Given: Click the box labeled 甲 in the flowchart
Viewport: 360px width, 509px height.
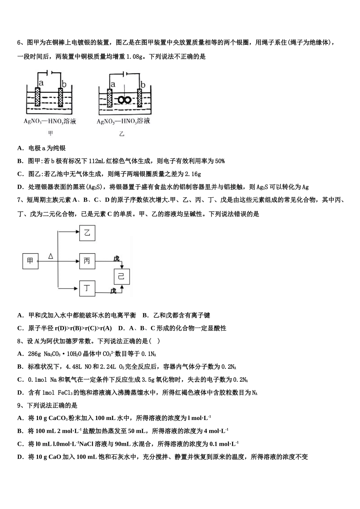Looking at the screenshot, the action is tap(30, 261).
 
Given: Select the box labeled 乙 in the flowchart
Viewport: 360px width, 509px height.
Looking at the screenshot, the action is tap(87, 233).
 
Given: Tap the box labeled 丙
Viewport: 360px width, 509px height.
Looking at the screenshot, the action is tap(87, 261).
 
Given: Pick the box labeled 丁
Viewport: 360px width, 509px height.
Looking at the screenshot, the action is tap(87, 289).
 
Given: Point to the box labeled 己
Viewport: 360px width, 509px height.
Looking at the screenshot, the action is tap(122, 276).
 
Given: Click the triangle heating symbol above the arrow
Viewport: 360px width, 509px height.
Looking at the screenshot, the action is tap(51, 256).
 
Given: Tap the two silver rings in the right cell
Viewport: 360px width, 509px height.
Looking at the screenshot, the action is tap(124, 100).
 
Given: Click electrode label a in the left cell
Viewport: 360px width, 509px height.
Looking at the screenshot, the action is tap(41, 83).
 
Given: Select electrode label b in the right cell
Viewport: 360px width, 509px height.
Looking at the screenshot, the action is tap(143, 84).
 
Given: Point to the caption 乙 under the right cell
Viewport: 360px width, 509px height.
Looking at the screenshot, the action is tap(122, 134).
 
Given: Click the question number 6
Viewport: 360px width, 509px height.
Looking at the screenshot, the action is tap(19, 42).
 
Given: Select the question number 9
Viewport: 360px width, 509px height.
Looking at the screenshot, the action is tap(19, 405).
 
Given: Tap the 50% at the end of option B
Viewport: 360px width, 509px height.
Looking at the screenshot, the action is tap(220, 161).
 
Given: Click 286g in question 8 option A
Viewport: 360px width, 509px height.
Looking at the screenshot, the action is tap(35, 354).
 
